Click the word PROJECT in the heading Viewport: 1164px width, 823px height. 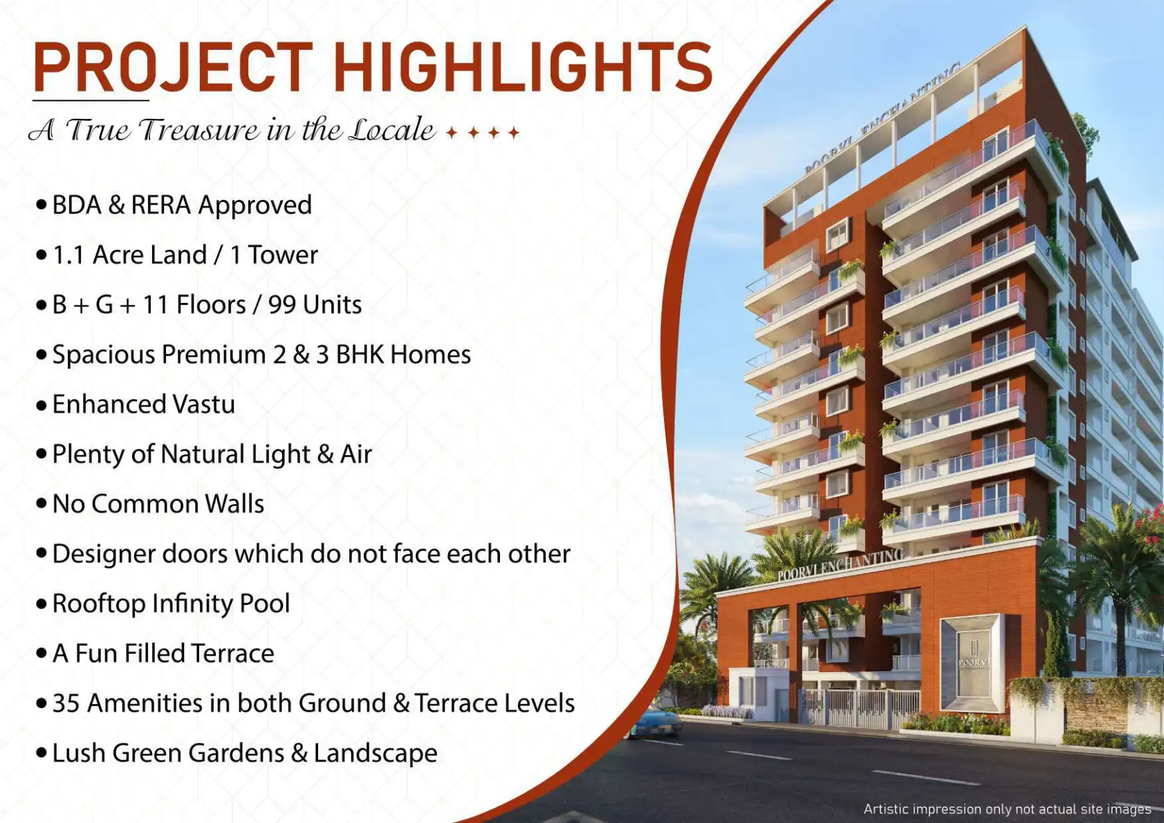[x=172, y=67]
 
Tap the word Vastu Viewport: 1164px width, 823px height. [x=204, y=404]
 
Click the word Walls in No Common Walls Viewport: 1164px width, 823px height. [x=234, y=503]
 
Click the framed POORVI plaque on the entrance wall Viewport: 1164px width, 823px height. [x=971, y=663]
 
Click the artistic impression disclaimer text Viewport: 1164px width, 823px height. [x=1008, y=809]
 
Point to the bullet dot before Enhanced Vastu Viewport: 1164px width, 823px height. [x=41, y=405]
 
